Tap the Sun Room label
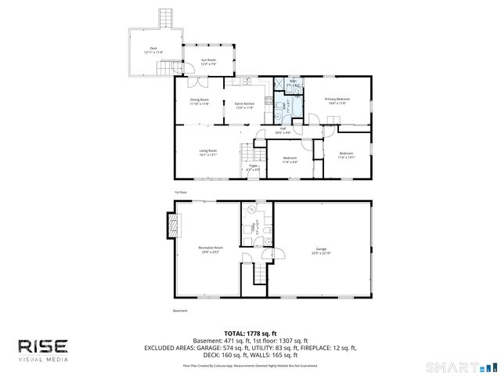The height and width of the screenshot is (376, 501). click(x=208, y=61)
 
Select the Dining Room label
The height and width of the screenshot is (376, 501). click(x=200, y=101)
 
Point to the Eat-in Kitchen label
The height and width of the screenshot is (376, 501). click(x=245, y=105)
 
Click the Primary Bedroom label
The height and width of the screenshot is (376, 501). click(x=337, y=101)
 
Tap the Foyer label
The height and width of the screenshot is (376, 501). click(x=254, y=167)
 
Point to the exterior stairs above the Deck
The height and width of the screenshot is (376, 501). click(x=164, y=17)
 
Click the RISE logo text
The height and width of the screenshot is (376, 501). click(x=44, y=345)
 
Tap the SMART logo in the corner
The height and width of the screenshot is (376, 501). click(x=462, y=367)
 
